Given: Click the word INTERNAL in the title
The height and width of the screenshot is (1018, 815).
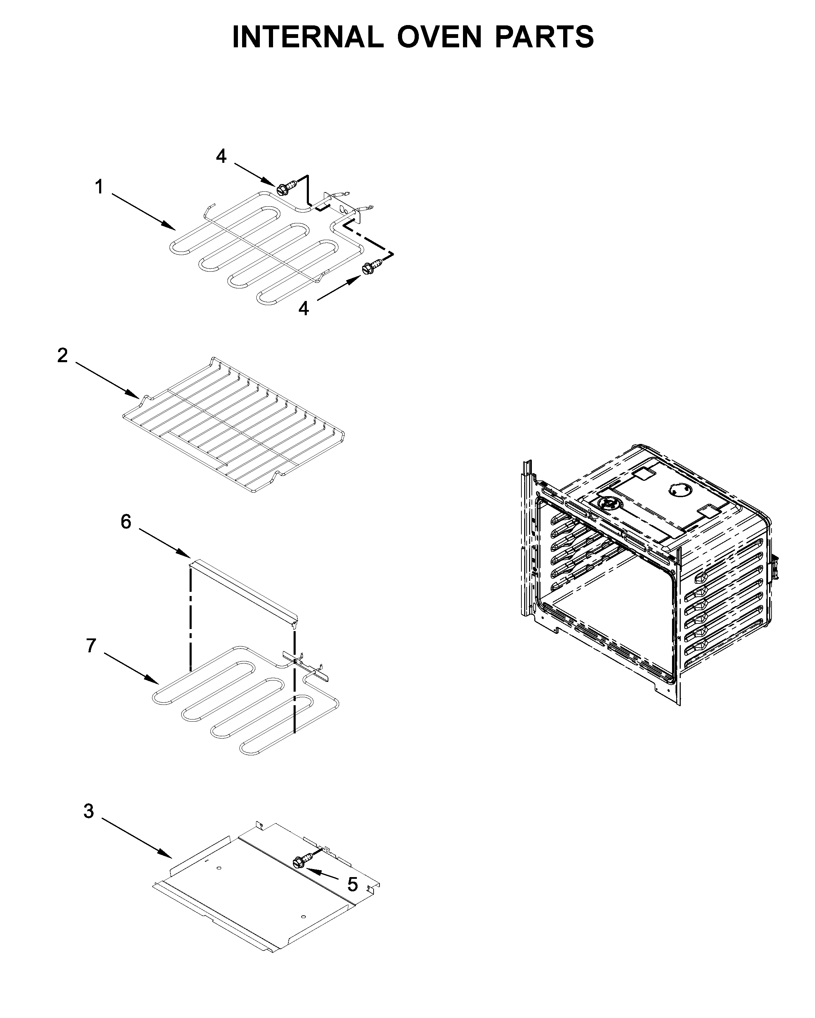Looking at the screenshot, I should click(x=307, y=37).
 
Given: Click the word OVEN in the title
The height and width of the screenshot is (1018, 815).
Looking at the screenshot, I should click(x=439, y=37).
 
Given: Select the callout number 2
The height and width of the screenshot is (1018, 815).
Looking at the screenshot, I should click(x=62, y=356).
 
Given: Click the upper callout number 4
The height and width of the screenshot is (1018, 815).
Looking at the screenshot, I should click(x=221, y=156).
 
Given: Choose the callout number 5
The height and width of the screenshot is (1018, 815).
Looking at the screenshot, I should click(x=352, y=885).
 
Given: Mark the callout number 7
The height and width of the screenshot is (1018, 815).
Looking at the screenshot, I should click(x=91, y=645).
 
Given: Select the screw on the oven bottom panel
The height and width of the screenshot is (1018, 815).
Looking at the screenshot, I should click(x=304, y=860).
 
